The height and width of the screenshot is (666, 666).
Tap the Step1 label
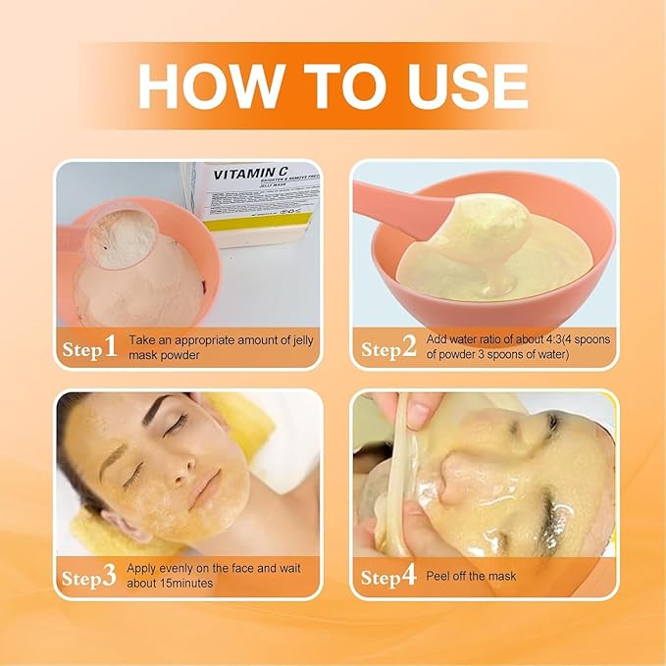click(x=90, y=348)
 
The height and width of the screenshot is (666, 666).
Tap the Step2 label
click(x=388, y=348)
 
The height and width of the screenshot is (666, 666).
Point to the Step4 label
click(x=388, y=577)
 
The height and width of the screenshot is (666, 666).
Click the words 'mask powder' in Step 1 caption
click(x=163, y=356)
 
